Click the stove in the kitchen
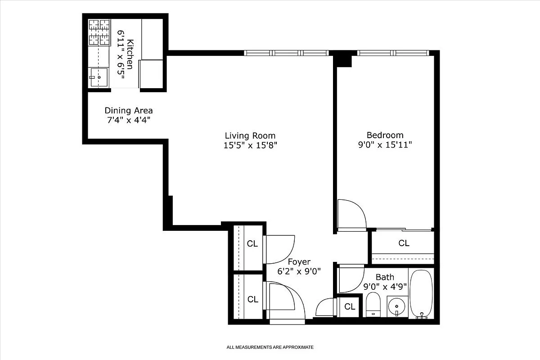tap(99, 32)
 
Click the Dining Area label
tap(128, 111)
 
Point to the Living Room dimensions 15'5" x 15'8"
tap(250, 145)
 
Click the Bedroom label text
tap(385, 135)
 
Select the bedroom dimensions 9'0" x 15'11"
tap(385, 145)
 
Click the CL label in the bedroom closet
tap(404, 243)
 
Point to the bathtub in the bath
tap(421, 293)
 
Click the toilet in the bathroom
tap(373, 304)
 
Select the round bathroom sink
tap(396, 306)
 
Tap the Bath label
tap(385, 277)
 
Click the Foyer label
tap(299, 262)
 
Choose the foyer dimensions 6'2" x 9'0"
tap(299, 271)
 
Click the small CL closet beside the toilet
tap(350, 307)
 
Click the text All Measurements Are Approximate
tap(270, 347)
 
